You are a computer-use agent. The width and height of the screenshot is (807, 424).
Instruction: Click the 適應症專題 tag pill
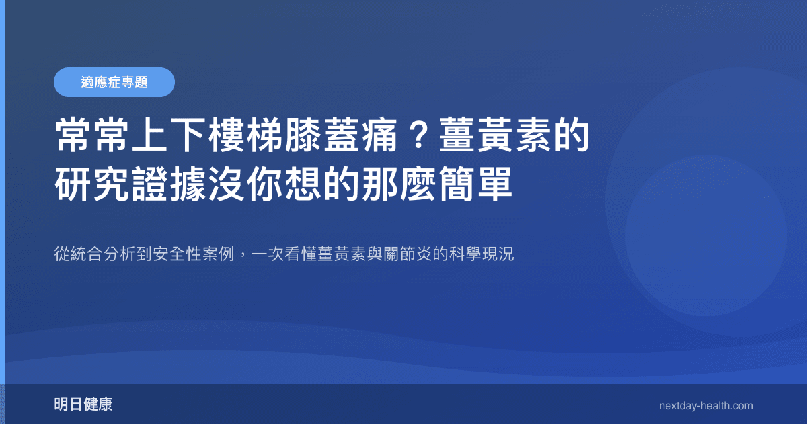114,82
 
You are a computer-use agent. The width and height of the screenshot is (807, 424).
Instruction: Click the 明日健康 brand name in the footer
83,404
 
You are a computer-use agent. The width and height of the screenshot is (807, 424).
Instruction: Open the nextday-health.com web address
706,405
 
